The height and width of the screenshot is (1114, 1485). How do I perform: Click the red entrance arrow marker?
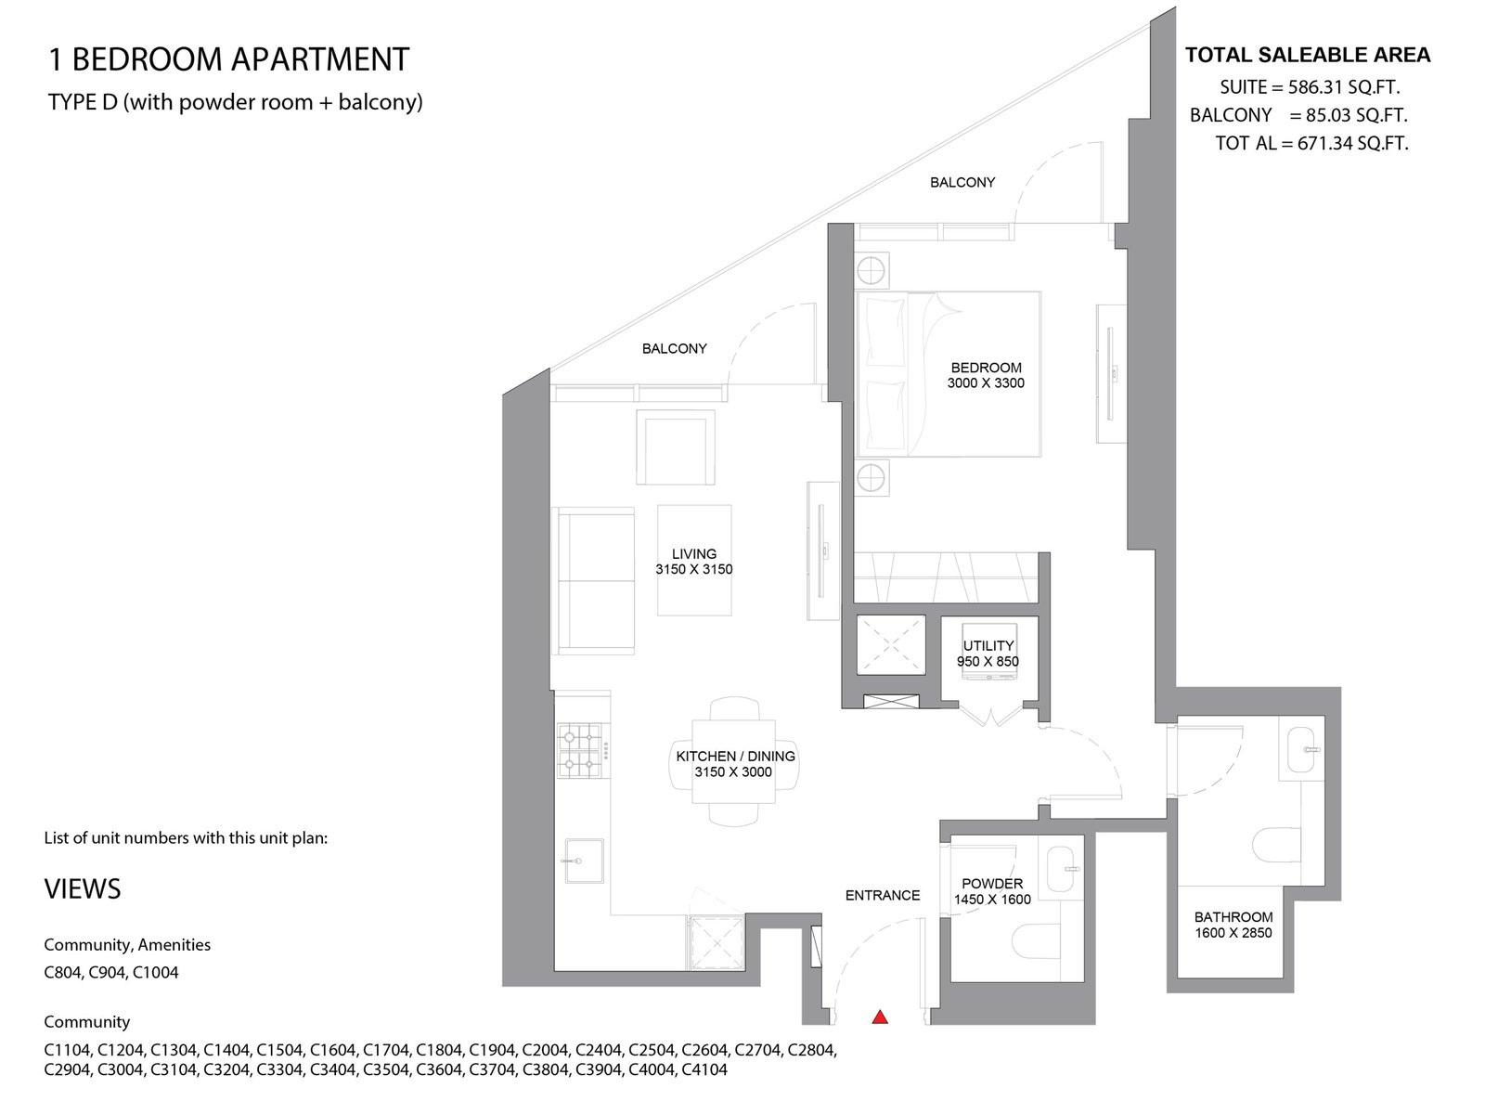tap(880, 1017)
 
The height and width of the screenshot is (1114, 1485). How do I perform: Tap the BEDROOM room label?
tap(986, 368)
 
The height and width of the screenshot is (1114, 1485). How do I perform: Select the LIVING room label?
tap(694, 554)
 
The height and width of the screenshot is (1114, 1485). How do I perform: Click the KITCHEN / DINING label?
tap(735, 757)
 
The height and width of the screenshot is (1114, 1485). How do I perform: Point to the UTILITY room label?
tap(988, 646)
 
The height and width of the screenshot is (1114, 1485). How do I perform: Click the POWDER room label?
tap(992, 884)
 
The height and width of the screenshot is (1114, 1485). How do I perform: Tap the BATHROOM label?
tap(1233, 917)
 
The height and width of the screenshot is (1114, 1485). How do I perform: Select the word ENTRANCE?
tap(883, 896)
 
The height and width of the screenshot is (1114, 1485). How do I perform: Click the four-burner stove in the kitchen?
tap(579, 750)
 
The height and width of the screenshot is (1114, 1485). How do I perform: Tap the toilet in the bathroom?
tap(1277, 846)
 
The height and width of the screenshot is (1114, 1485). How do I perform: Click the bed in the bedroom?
tap(948, 374)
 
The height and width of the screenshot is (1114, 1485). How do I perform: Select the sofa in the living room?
tap(593, 581)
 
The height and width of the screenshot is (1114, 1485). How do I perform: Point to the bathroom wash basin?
tap(1301, 749)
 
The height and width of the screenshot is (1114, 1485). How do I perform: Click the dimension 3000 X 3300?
tap(986, 383)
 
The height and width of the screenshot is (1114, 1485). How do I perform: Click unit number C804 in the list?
tap(64, 973)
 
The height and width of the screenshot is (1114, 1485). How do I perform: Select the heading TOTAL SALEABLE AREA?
tap(1308, 55)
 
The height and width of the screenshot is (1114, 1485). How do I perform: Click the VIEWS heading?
tap(83, 888)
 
